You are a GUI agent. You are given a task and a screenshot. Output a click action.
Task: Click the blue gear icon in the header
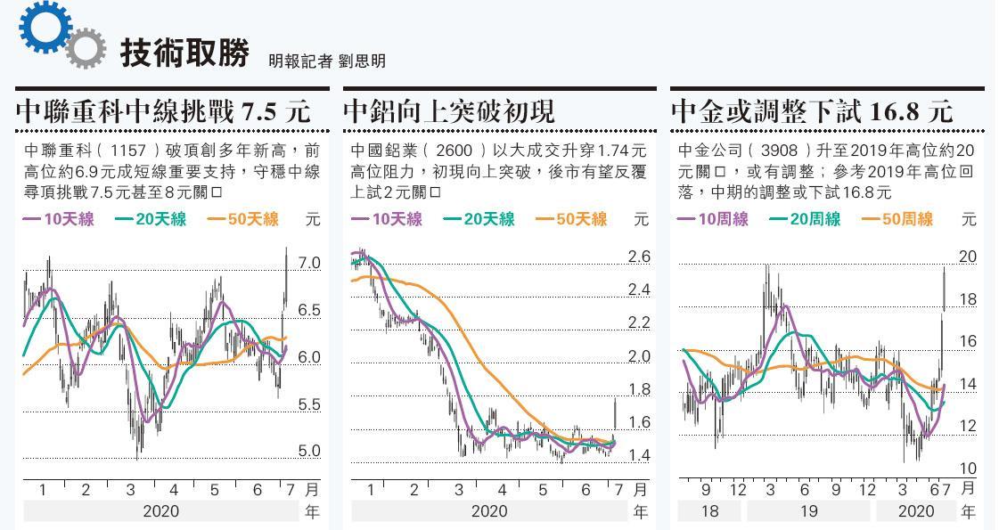coord(44,26)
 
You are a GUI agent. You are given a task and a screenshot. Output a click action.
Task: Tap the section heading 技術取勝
coord(184,53)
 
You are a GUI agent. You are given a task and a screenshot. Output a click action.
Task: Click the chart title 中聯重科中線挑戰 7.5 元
coord(163,111)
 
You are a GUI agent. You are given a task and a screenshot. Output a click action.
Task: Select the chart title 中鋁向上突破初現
coord(449,111)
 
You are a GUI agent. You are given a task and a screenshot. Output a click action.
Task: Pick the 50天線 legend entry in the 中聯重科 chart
coord(242,219)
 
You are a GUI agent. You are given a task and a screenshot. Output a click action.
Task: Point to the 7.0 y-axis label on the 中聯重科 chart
coord(308,263)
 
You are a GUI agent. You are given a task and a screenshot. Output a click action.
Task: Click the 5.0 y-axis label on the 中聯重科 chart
coord(308,451)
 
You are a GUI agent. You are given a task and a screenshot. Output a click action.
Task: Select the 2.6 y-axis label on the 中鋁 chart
coord(639,257)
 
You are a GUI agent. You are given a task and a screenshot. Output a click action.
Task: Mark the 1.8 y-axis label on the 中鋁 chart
coord(639,389)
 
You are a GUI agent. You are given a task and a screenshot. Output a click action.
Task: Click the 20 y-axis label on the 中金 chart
coord(967,257)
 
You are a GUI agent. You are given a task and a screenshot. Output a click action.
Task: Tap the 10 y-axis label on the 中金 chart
coord(967,468)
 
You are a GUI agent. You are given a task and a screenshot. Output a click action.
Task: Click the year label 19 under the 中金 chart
coord(808,511)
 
